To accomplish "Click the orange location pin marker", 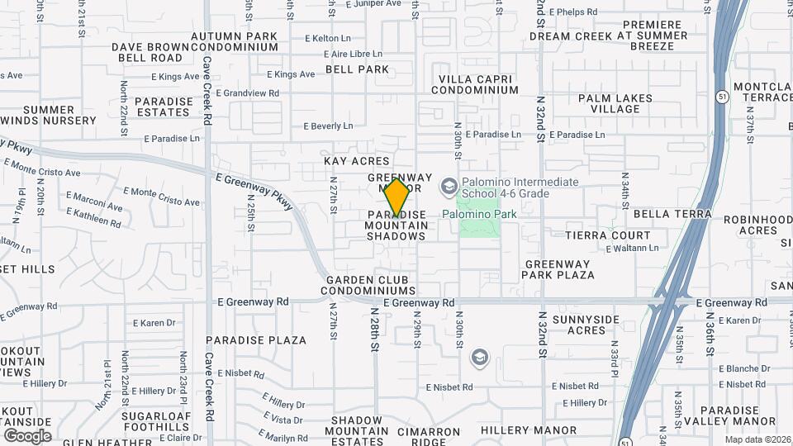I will [396, 197].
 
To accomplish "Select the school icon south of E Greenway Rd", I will [478, 358].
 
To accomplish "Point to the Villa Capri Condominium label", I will [478, 83].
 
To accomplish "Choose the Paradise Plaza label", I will [255, 339].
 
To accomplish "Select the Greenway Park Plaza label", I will [559, 269].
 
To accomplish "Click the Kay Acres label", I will [356, 160].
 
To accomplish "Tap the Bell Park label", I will [357, 69].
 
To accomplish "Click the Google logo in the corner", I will [26, 435].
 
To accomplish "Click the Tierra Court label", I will [607, 235].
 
